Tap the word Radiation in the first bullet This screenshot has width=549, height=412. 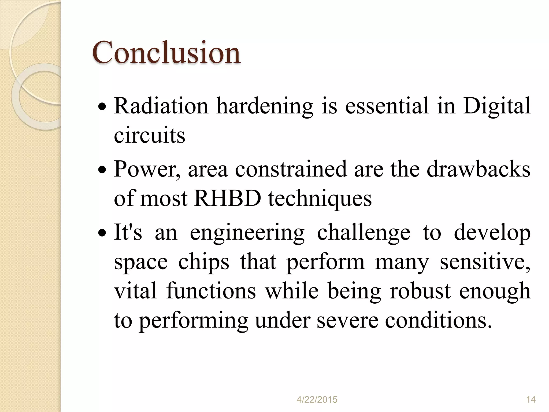(161, 106)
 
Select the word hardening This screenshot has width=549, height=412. (265, 106)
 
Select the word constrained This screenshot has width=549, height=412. (291, 169)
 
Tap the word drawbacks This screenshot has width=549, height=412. (478, 169)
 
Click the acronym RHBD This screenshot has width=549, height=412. (228, 198)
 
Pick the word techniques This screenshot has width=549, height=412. (320, 198)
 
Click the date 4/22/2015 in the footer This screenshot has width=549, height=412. (317, 399)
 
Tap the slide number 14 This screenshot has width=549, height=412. (531, 399)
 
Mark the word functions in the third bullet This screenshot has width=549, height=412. (211, 291)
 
